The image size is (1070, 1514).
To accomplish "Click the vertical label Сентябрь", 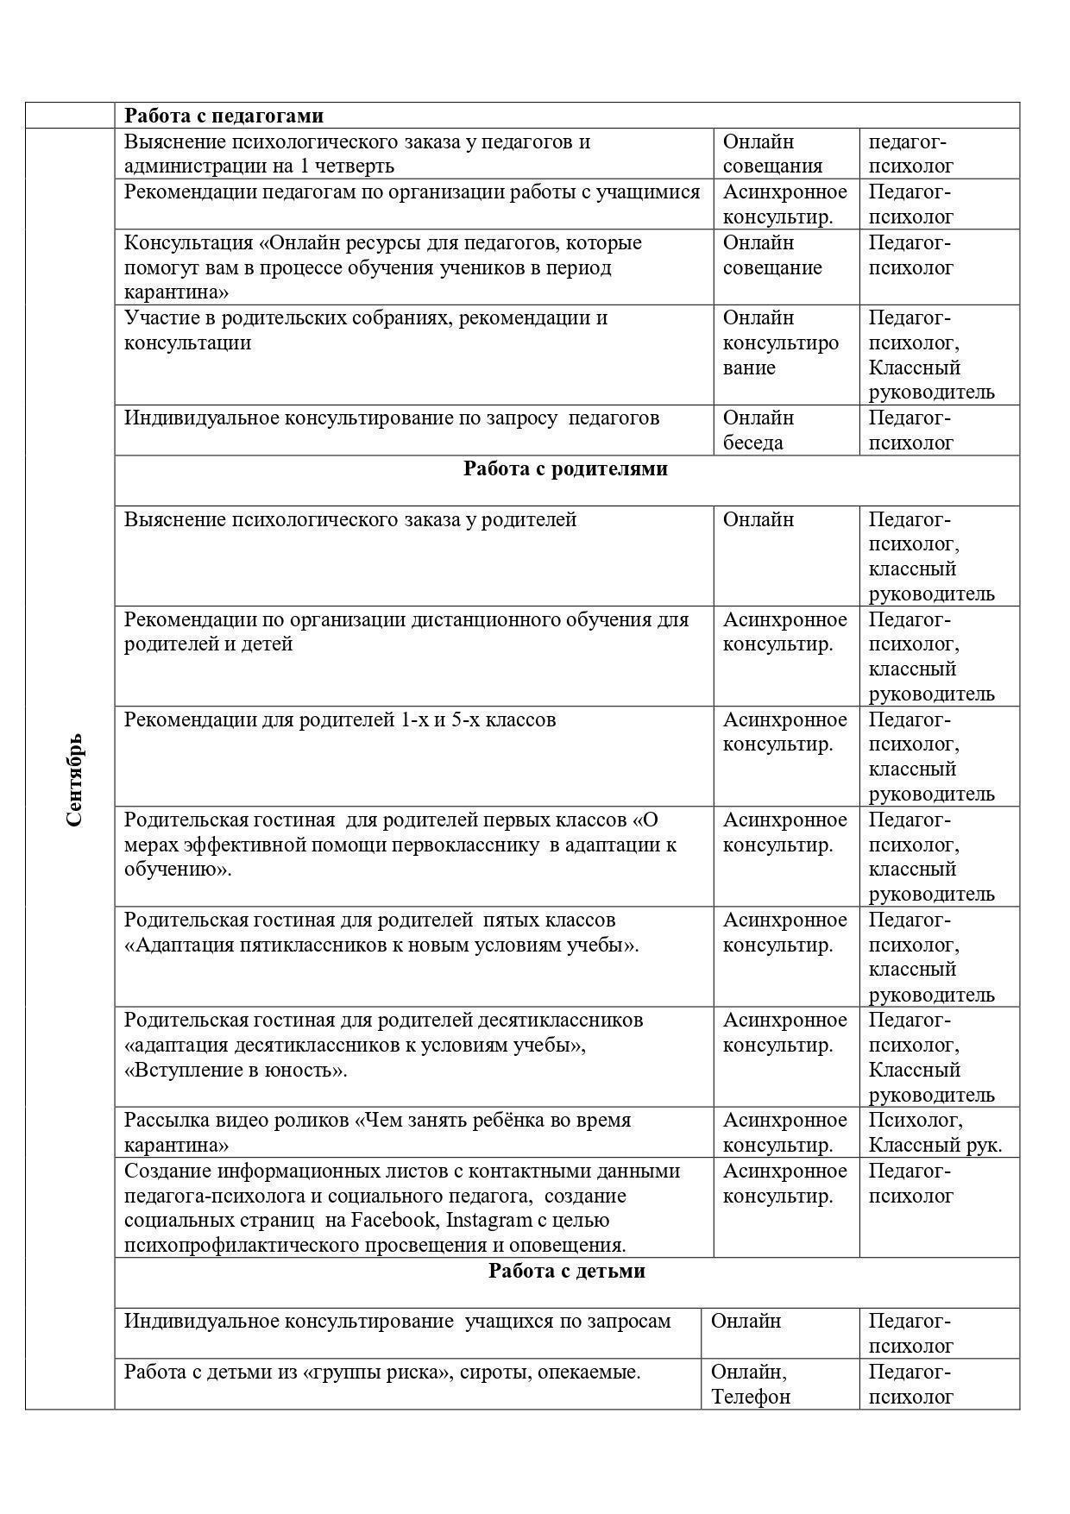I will [74, 779].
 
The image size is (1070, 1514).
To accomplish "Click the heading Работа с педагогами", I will [223, 116].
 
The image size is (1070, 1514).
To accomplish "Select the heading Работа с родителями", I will [565, 468].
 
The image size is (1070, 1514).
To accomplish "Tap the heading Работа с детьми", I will [566, 1271].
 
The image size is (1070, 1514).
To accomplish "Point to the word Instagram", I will [489, 1220].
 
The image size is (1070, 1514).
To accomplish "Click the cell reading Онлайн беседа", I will [758, 430].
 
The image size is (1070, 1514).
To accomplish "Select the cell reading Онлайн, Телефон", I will [750, 1384].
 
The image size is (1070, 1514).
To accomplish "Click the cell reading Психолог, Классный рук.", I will [935, 1132].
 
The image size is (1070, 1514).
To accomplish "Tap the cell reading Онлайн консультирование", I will [780, 342].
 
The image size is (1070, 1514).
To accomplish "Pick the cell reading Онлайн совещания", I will [772, 154].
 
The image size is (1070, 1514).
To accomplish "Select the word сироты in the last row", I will [498, 1372].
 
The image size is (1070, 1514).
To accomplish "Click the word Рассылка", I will [167, 1120].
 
